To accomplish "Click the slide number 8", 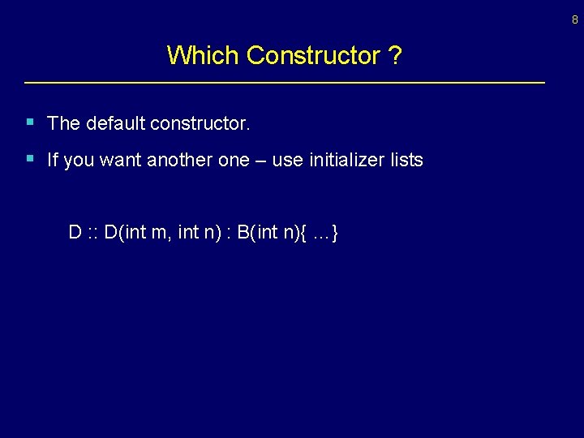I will (x=574, y=20).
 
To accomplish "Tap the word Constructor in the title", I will (x=313, y=55).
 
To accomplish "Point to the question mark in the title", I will (x=395, y=55).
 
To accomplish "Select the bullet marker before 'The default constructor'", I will (x=30, y=122).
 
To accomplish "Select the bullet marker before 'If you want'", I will (x=30, y=158).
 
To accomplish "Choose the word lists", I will (x=406, y=160).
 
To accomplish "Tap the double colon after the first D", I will (x=93, y=233).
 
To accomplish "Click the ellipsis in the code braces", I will (x=321, y=233).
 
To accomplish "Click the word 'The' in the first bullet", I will (x=63, y=123).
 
